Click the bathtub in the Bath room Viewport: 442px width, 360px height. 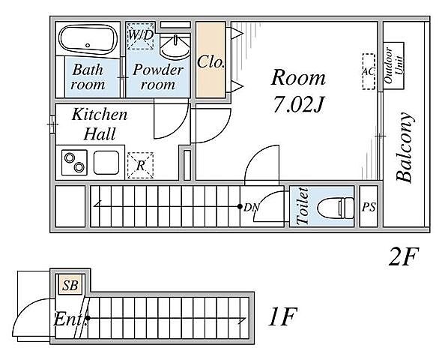coord(88,40)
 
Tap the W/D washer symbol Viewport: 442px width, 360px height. coord(141,36)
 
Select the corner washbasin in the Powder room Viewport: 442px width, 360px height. coord(175,46)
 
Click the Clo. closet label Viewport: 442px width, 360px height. coord(211,62)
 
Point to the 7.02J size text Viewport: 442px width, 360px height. coord(299,104)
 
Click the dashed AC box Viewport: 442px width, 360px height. coord(369,72)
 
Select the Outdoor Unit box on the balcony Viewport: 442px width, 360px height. coord(393,66)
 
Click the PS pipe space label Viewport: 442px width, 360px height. coord(369,207)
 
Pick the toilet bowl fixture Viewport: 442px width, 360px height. coord(336,208)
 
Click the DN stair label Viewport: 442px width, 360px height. coord(252,207)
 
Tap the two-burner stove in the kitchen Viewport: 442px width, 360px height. coord(74,163)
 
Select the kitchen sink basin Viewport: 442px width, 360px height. coord(106,163)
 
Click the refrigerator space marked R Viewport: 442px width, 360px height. coord(140,165)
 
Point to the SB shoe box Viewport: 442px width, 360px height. coord(70,285)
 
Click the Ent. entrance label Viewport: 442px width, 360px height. coord(70,319)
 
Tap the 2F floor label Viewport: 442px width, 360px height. coord(403,256)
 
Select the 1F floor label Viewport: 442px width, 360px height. coord(282,316)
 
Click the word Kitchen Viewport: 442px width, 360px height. coord(100,115)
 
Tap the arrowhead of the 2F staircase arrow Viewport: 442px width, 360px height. coord(96,204)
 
